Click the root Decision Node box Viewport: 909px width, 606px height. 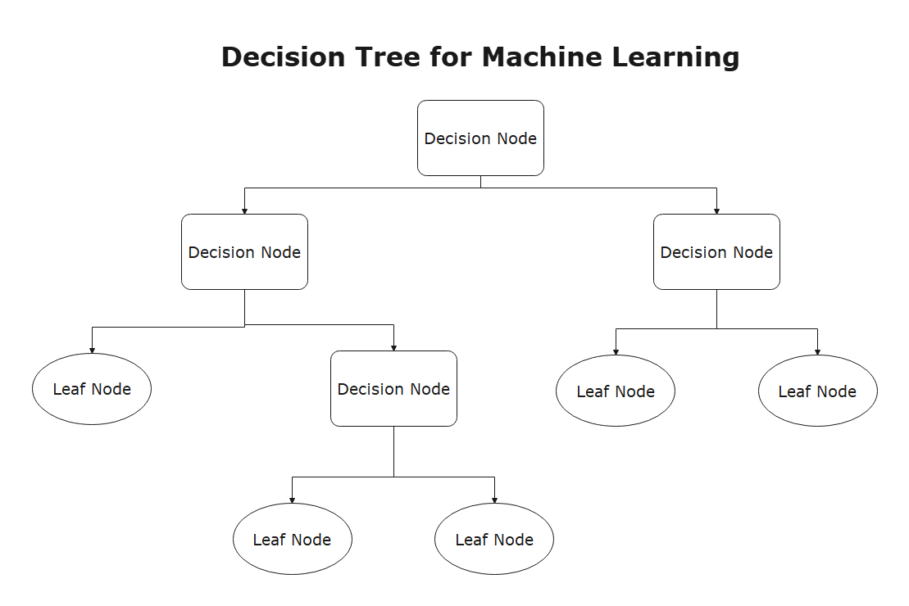(x=480, y=138)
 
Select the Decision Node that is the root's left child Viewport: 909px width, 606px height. (x=244, y=251)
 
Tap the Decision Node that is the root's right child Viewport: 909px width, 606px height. (x=716, y=251)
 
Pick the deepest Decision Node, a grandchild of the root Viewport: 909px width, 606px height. (x=393, y=388)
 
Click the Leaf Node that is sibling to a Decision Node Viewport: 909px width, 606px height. (x=92, y=389)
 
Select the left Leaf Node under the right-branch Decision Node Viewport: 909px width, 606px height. (x=616, y=391)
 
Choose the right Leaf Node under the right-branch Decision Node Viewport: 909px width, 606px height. (x=817, y=391)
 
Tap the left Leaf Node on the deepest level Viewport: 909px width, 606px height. (x=292, y=540)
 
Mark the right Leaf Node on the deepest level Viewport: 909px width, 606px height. (x=494, y=540)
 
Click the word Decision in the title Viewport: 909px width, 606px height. (x=288, y=57)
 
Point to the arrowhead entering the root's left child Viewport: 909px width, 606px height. (x=244, y=211)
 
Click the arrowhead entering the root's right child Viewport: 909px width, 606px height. (x=716, y=211)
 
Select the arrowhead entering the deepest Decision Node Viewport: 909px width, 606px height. (x=393, y=348)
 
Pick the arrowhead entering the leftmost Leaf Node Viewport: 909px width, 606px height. (x=92, y=350)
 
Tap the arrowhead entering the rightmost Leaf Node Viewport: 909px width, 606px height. (x=817, y=352)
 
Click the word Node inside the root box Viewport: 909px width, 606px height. (x=516, y=138)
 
